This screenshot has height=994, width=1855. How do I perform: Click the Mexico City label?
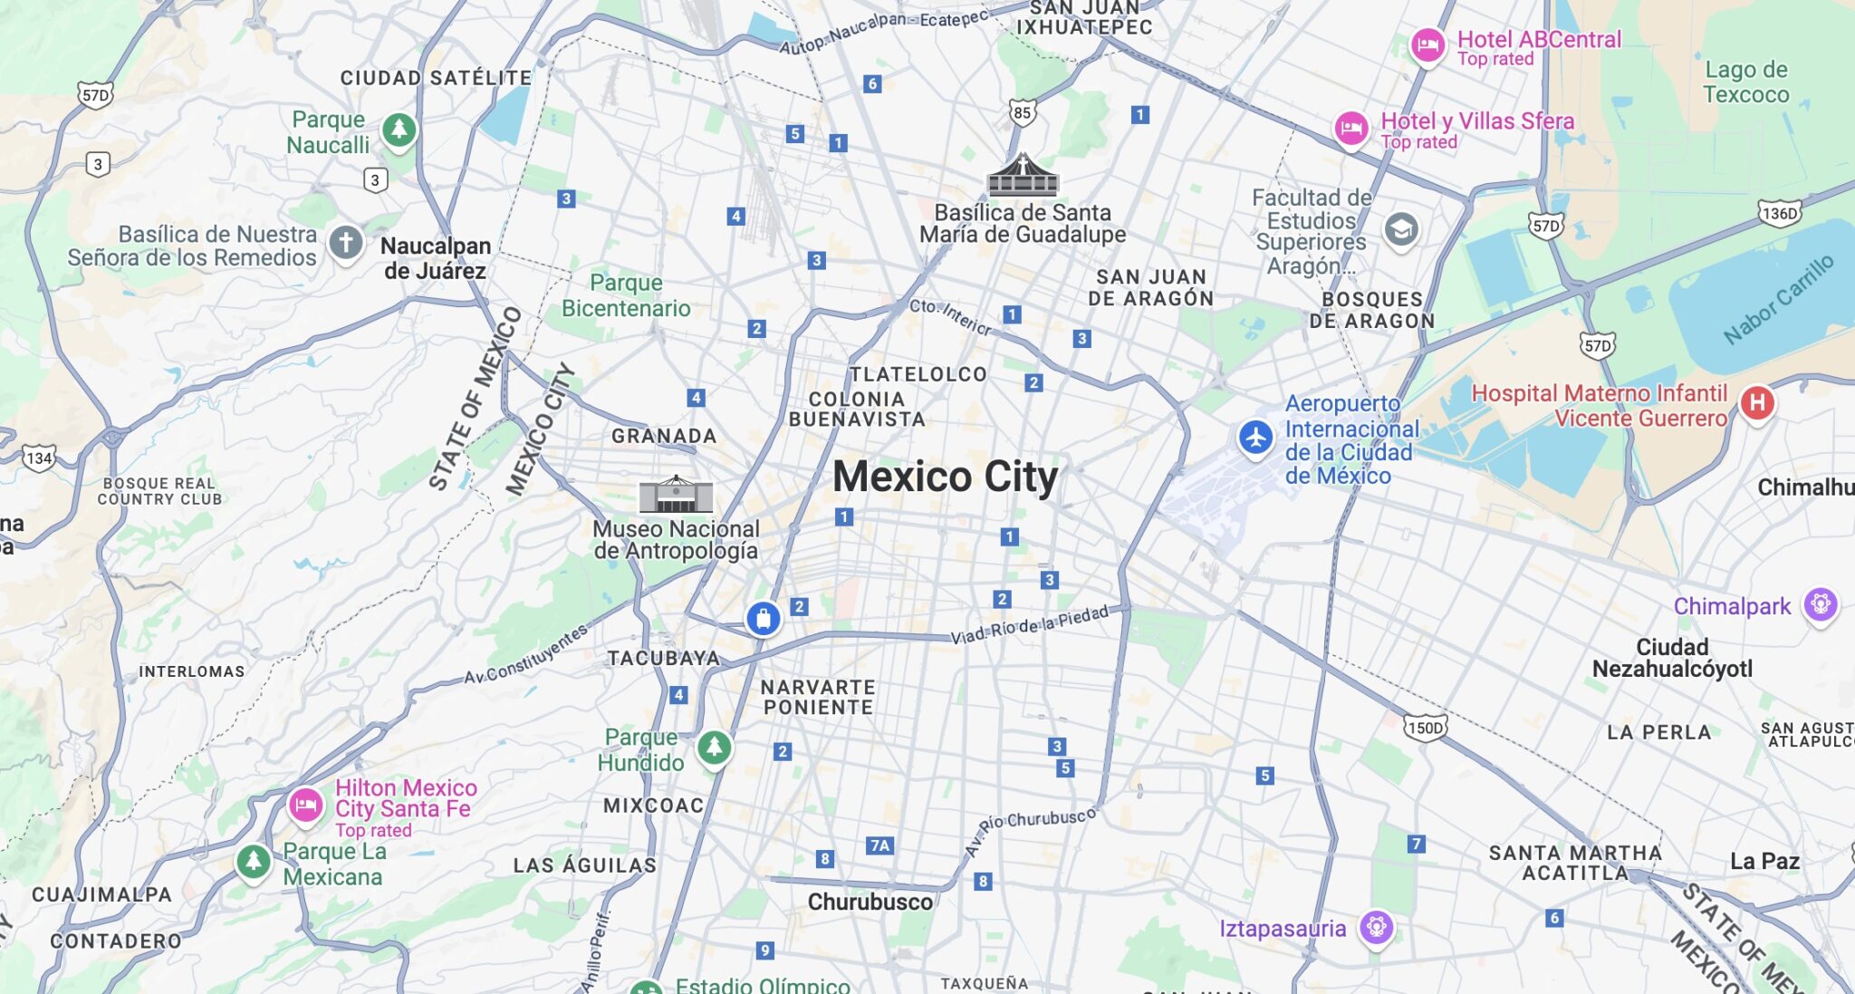tap(945, 477)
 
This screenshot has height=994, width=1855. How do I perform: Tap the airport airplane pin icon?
tap(1255, 438)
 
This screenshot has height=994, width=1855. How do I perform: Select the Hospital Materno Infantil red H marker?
tap(1757, 402)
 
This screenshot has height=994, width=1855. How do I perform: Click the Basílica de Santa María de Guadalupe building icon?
tap(1023, 176)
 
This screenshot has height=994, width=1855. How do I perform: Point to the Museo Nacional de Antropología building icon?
tap(676, 495)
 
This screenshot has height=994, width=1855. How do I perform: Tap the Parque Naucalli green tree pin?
tap(399, 130)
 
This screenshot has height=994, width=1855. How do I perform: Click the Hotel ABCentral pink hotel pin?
tap(1427, 44)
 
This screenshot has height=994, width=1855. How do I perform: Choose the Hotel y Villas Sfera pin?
tap(1350, 128)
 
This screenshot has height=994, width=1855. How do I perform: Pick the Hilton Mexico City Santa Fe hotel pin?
tap(306, 804)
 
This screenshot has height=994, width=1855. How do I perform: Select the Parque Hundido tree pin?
tap(715, 747)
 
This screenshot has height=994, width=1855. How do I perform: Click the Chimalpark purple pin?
tap(1821, 603)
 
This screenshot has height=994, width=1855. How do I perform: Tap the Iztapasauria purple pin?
tap(1377, 927)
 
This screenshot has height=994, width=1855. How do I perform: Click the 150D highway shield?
tap(1426, 728)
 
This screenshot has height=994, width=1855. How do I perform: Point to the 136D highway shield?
tap(1779, 214)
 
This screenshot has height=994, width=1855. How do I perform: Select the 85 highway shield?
tap(1023, 112)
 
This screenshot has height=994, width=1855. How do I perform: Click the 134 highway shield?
tap(38, 458)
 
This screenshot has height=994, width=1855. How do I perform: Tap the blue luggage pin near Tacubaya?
tap(763, 619)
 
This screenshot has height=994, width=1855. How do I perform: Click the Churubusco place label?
tap(870, 902)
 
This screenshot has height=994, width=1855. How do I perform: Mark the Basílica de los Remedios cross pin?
tap(345, 242)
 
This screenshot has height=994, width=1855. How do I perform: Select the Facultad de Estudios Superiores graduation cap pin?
tap(1400, 229)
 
